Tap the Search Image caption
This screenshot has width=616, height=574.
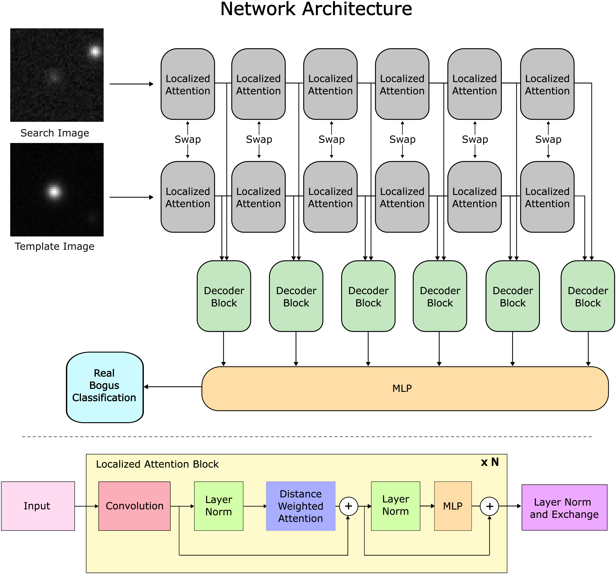coord(55,133)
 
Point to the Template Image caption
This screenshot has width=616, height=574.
coord(55,246)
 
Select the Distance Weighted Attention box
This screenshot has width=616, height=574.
coord(301,506)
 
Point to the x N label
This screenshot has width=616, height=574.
coord(490,462)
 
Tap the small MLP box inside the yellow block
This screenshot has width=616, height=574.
coord(453,506)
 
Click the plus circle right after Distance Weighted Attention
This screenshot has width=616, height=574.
coord(349,506)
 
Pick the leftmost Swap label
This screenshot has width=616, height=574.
coord(188,140)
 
